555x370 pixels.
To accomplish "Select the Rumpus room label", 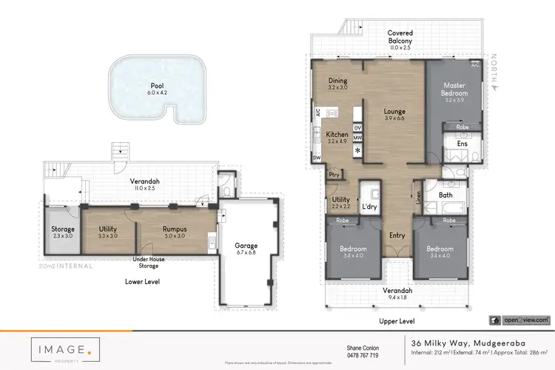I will (x=175, y=230).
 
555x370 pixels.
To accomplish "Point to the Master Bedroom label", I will (x=454, y=90).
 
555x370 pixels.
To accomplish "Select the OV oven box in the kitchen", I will (x=357, y=128).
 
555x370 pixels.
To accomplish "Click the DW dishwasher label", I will (x=317, y=158).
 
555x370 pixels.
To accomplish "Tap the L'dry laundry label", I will (x=369, y=207).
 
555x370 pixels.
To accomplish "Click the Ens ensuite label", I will (x=462, y=144).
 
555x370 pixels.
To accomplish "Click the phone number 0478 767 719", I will (x=363, y=355).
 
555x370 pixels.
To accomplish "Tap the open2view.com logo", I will (x=519, y=320).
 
